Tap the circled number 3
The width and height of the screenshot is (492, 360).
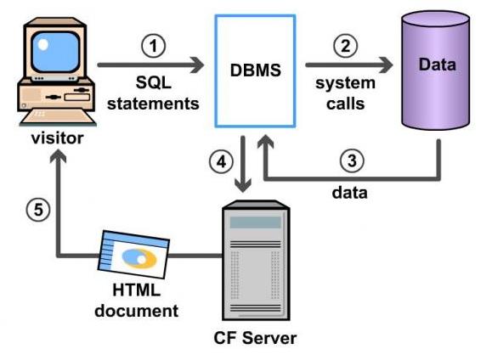[x=351, y=160]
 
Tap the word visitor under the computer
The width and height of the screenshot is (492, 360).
[x=56, y=137]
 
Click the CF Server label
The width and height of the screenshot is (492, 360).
[x=255, y=339]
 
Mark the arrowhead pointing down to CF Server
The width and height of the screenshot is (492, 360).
[x=246, y=184]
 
